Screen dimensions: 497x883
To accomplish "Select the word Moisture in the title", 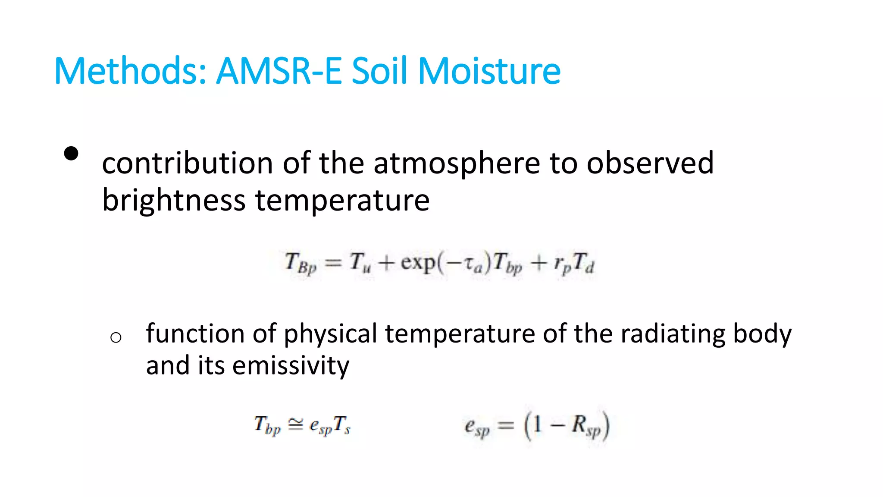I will pos(489,71).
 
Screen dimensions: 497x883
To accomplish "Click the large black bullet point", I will pos(71,154).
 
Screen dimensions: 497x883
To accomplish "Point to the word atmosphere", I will pos(457,164).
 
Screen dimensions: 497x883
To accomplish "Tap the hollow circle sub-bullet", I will pos(116,337).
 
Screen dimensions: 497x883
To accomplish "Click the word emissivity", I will pos(291,365).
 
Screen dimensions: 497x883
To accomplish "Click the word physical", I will pos(330,333).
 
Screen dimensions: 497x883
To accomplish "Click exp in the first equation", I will pos(418,263).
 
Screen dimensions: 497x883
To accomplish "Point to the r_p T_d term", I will pos(574,263).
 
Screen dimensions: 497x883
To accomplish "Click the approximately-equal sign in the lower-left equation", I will pos(295,425).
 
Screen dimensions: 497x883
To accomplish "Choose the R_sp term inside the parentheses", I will pos(586,426).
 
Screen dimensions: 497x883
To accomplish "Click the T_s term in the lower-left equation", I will pos(342,425).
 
